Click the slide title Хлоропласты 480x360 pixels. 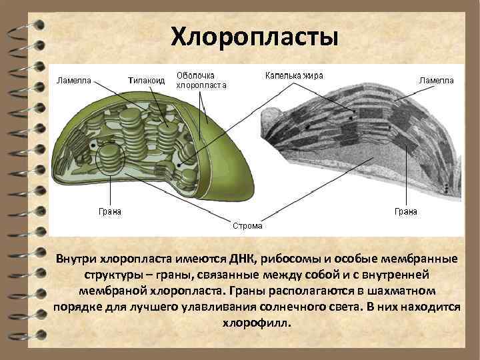(255, 37)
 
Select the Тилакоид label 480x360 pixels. (145, 80)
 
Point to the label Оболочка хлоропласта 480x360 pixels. (201, 80)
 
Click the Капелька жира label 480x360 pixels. (294, 75)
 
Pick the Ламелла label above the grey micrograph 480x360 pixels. (436, 80)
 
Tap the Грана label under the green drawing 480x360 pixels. (110, 211)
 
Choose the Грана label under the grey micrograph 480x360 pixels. (406, 211)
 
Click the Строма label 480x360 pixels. (247, 225)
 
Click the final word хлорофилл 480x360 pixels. (256, 323)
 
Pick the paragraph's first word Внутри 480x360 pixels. (76, 259)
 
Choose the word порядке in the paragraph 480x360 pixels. (76, 307)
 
